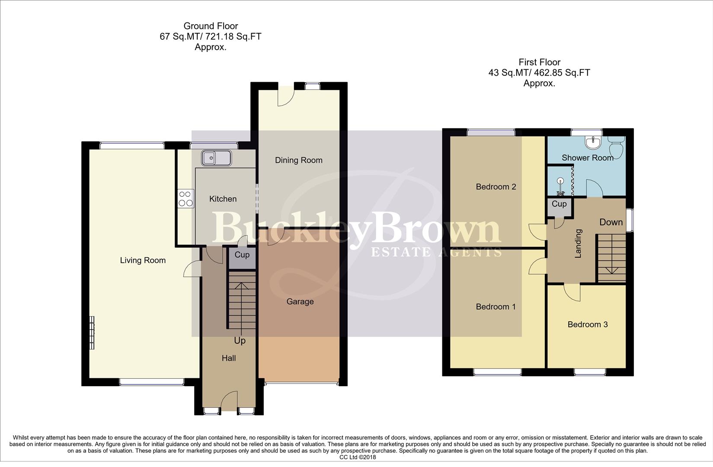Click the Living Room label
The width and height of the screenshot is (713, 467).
[x=143, y=260]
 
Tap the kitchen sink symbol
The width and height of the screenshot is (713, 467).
[x=216, y=158]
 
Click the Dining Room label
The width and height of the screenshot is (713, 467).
[x=298, y=160]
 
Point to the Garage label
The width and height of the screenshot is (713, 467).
[x=300, y=302]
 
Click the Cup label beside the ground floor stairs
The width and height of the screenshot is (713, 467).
[x=242, y=255]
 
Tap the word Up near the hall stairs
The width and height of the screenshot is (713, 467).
[x=240, y=341]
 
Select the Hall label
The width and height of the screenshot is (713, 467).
[x=229, y=358]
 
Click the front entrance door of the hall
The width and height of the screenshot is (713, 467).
[x=229, y=402]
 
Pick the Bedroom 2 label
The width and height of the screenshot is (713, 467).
[x=496, y=187]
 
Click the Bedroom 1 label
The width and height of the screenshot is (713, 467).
[x=496, y=307]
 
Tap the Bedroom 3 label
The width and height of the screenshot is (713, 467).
[x=587, y=324]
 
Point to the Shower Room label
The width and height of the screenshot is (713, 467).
[x=587, y=158]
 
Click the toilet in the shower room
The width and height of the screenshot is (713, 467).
[x=617, y=148]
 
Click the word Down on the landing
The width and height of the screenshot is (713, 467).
[x=611, y=222]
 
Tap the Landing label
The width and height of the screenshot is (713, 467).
[x=579, y=243]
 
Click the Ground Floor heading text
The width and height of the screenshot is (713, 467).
[x=211, y=26]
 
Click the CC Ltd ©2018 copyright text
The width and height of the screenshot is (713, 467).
[x=358, y=457]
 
